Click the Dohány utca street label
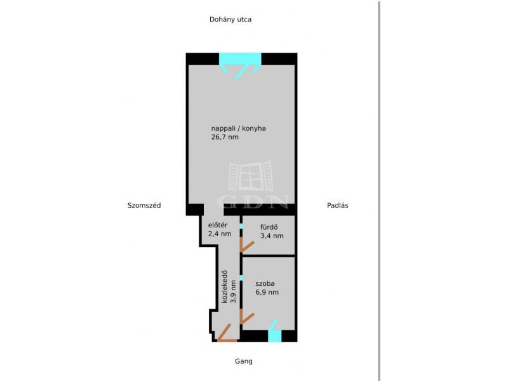[x=231, y=20]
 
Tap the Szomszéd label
[x=144, y=205]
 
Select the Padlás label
[x=338, y=205]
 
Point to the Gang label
[x=244, y=361]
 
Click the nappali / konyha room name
[x=239, y=128]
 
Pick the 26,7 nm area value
[x=225, y=137]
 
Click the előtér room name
[x=218, y=225]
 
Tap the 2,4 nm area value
[x=220, y=234]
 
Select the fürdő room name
[x=269, y=227]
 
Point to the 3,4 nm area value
[x=272, y=236]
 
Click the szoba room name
[x=265, y=283]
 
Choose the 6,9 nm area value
[x=267, y=292]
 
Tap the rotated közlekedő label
[x=224, y=287]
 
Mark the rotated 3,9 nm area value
[x=233, y=291]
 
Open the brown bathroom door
[x=246, y=244]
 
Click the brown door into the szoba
[x=246, y=316]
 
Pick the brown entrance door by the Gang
[x=227, y=333]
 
